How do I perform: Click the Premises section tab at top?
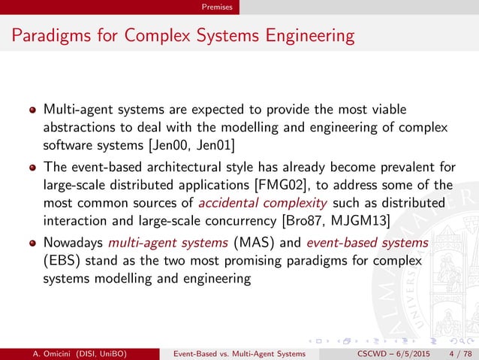[x=221, y=7]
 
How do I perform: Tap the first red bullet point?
[x=32, y=110]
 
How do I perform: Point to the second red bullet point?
[x=32, y=169]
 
